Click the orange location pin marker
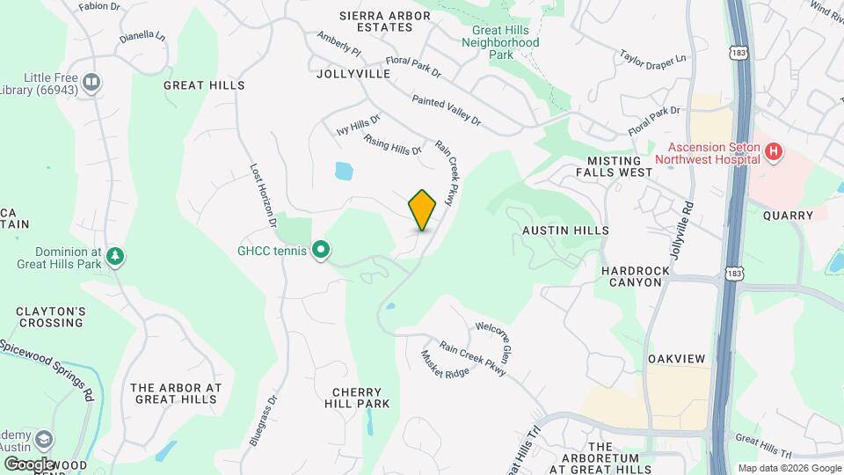pos(423,209)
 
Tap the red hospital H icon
pos(774,152)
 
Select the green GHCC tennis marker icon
pos(322,252)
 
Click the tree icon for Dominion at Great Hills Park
pos(114,257)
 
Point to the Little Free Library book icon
pos(91,83)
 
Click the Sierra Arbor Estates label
pos(377,21)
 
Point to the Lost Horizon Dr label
pos(264,195)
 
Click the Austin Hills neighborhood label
pos(565,230)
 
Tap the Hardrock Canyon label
pos(631,276)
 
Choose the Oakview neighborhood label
pos(677,360)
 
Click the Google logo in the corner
pos(29,464)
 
